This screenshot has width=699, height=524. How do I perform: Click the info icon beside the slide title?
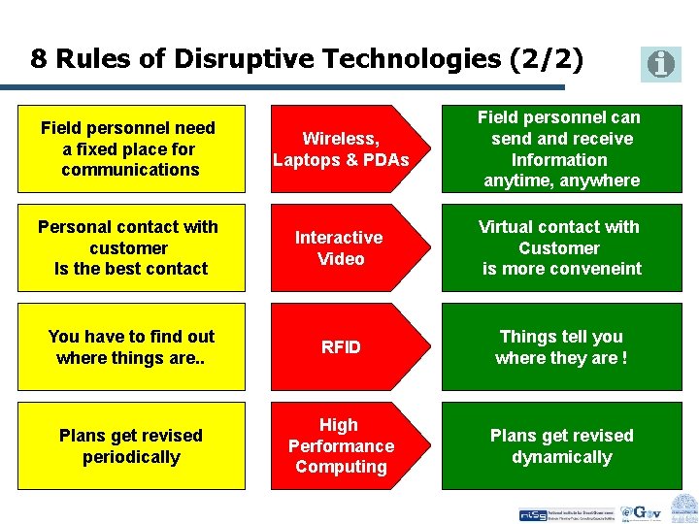point(661,64)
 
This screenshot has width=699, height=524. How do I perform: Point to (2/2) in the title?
point(547,59)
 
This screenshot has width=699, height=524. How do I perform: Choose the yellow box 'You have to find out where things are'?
point(131,346)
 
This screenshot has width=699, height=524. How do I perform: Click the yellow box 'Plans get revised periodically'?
point(131,445)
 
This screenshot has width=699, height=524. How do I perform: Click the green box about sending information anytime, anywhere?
point(561,148)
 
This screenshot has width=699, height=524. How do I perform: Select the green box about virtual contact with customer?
point(561,247)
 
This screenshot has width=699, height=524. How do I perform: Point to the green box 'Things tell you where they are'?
point(561,346)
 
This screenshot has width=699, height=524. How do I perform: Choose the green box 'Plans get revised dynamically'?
point(561,445)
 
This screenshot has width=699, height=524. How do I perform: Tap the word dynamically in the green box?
point(562,457)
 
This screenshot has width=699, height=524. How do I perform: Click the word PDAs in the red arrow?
point(386,159)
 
